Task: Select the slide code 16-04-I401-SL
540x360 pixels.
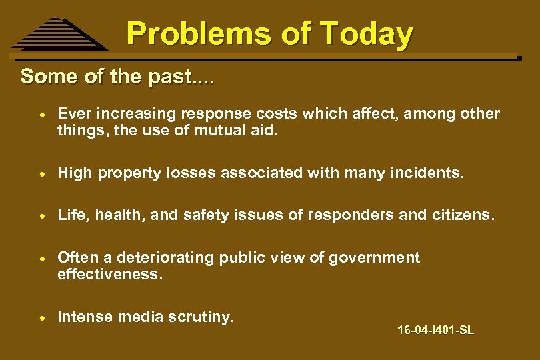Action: point(435,330)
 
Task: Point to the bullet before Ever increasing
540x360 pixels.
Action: point(41,115)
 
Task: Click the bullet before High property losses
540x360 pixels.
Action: point(41,174)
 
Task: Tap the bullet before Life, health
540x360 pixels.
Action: point(41,216)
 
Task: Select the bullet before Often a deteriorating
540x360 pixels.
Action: point(41,258)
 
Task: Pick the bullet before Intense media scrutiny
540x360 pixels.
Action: point(41,317)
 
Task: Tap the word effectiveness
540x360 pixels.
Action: point(110,273)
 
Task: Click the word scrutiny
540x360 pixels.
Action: point(203,317)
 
